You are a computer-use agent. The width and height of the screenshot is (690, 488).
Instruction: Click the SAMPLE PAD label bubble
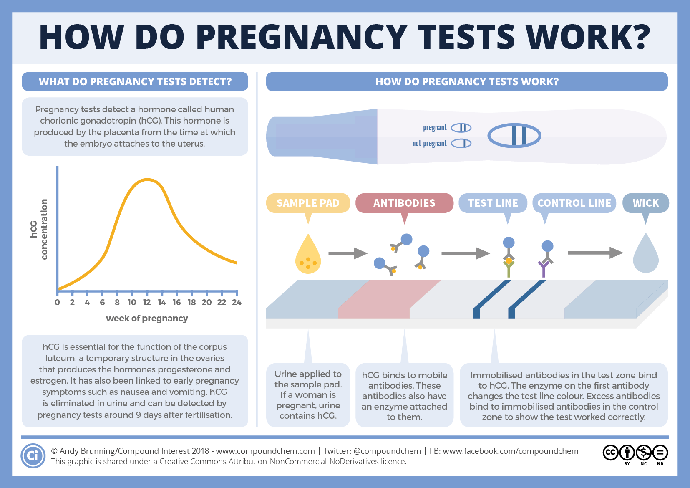(308, 203)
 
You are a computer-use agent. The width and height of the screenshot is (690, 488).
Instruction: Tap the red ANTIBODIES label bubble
(404, 203)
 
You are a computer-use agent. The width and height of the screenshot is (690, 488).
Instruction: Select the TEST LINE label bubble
(493, 203)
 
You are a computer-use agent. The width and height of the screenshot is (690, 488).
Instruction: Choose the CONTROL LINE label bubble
(574, 203)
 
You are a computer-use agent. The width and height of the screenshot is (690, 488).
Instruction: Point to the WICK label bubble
(645, 203)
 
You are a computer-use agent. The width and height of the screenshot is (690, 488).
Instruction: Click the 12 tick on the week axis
(147, 302)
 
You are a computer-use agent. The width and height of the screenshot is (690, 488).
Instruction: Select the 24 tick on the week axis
(237, 302)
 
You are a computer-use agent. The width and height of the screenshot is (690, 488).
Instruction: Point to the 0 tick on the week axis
(58, 302)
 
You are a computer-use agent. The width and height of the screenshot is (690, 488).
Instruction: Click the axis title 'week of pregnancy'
(147, 319)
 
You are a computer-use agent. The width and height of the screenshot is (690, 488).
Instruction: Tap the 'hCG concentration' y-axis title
(39, 229)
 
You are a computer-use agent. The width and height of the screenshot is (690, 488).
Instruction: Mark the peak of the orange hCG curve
(147, 180)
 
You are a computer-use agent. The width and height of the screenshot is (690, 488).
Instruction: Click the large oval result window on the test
(514, 136)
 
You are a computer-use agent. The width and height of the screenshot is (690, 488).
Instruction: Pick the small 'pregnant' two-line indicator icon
(461, 128)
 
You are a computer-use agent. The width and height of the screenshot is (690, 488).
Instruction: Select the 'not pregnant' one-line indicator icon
(461, 144)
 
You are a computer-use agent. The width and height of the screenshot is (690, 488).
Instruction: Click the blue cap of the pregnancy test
(321, 137)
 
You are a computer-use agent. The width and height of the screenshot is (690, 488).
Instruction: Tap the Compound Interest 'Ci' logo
(33, 455)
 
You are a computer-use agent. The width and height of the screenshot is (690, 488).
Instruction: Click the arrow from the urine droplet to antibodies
(348, 253)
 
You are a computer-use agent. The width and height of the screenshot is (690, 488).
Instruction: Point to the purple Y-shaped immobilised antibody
(543, 268)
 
